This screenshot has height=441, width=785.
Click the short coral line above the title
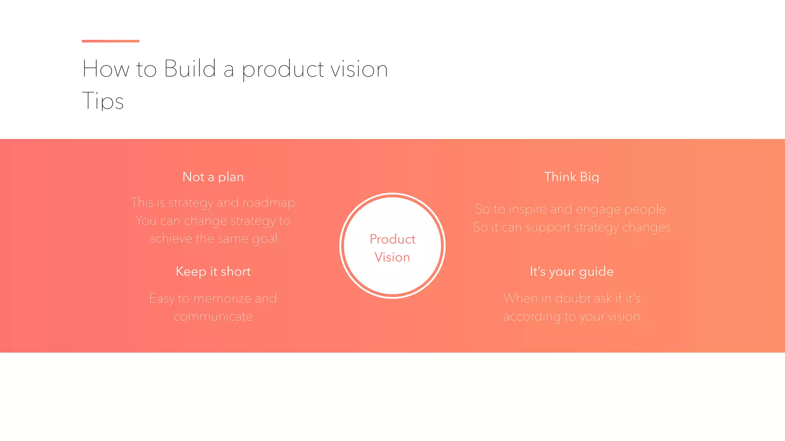pos(110,41)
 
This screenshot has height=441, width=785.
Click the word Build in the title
pos(190,69)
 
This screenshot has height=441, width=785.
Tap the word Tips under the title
pos(103,101)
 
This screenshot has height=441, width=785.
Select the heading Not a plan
pos(213,177)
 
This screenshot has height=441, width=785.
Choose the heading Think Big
pos(572,177)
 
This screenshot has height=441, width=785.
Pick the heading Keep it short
pos(213,271)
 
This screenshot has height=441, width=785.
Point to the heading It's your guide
pos(572,271)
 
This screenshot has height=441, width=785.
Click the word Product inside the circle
pos(392,239)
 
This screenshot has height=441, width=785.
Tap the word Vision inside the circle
pos(392,257)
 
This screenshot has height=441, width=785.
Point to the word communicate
pos(213,317)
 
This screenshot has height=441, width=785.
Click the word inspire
pos(527,209)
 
